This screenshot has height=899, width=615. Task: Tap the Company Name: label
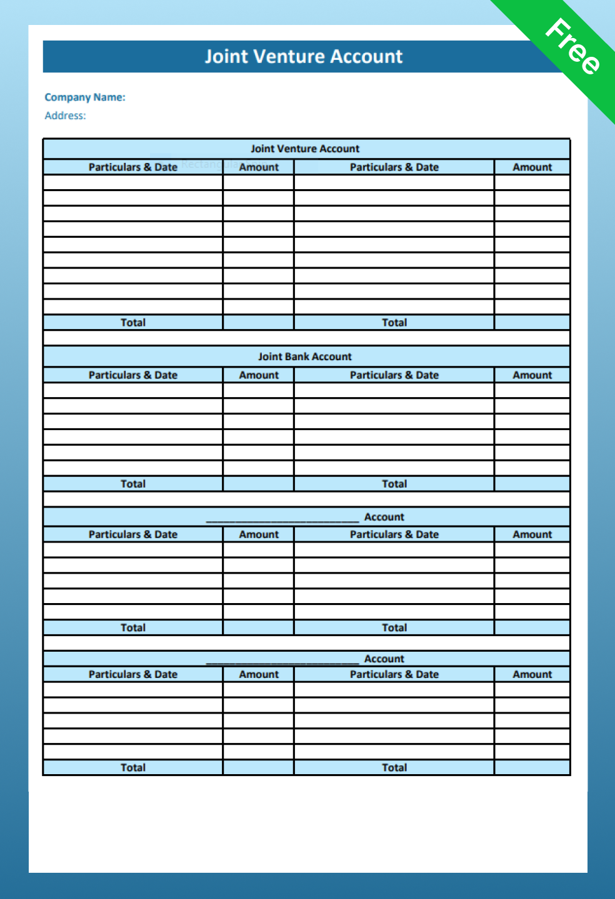click(85, 97)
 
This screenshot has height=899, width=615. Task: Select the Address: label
click(65, 115)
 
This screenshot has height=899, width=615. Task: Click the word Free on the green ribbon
click(572, 47)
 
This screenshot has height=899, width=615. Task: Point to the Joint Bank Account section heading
click(305, 356)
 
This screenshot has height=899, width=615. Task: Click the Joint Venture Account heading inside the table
click(305, 149)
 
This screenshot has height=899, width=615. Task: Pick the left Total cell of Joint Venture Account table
click(133, 323)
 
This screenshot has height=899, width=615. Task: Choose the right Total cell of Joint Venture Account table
click(394, 323)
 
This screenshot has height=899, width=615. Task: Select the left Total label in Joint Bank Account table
click(133, 484)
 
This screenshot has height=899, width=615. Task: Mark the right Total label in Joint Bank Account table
click(394, 484)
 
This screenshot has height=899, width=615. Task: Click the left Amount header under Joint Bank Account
click(259, 375)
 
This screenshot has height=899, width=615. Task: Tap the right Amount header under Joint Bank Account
click(532, 375)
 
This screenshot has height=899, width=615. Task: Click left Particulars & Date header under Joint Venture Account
click(133, 167)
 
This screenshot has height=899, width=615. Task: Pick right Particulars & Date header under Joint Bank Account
click(394, 375)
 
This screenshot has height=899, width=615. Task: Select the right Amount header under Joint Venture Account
click(532, 167)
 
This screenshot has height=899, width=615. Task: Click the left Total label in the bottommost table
click(133, 768)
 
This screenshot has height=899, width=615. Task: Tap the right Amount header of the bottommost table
click(532, 674)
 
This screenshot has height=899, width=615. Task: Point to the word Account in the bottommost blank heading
click(384, 659)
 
